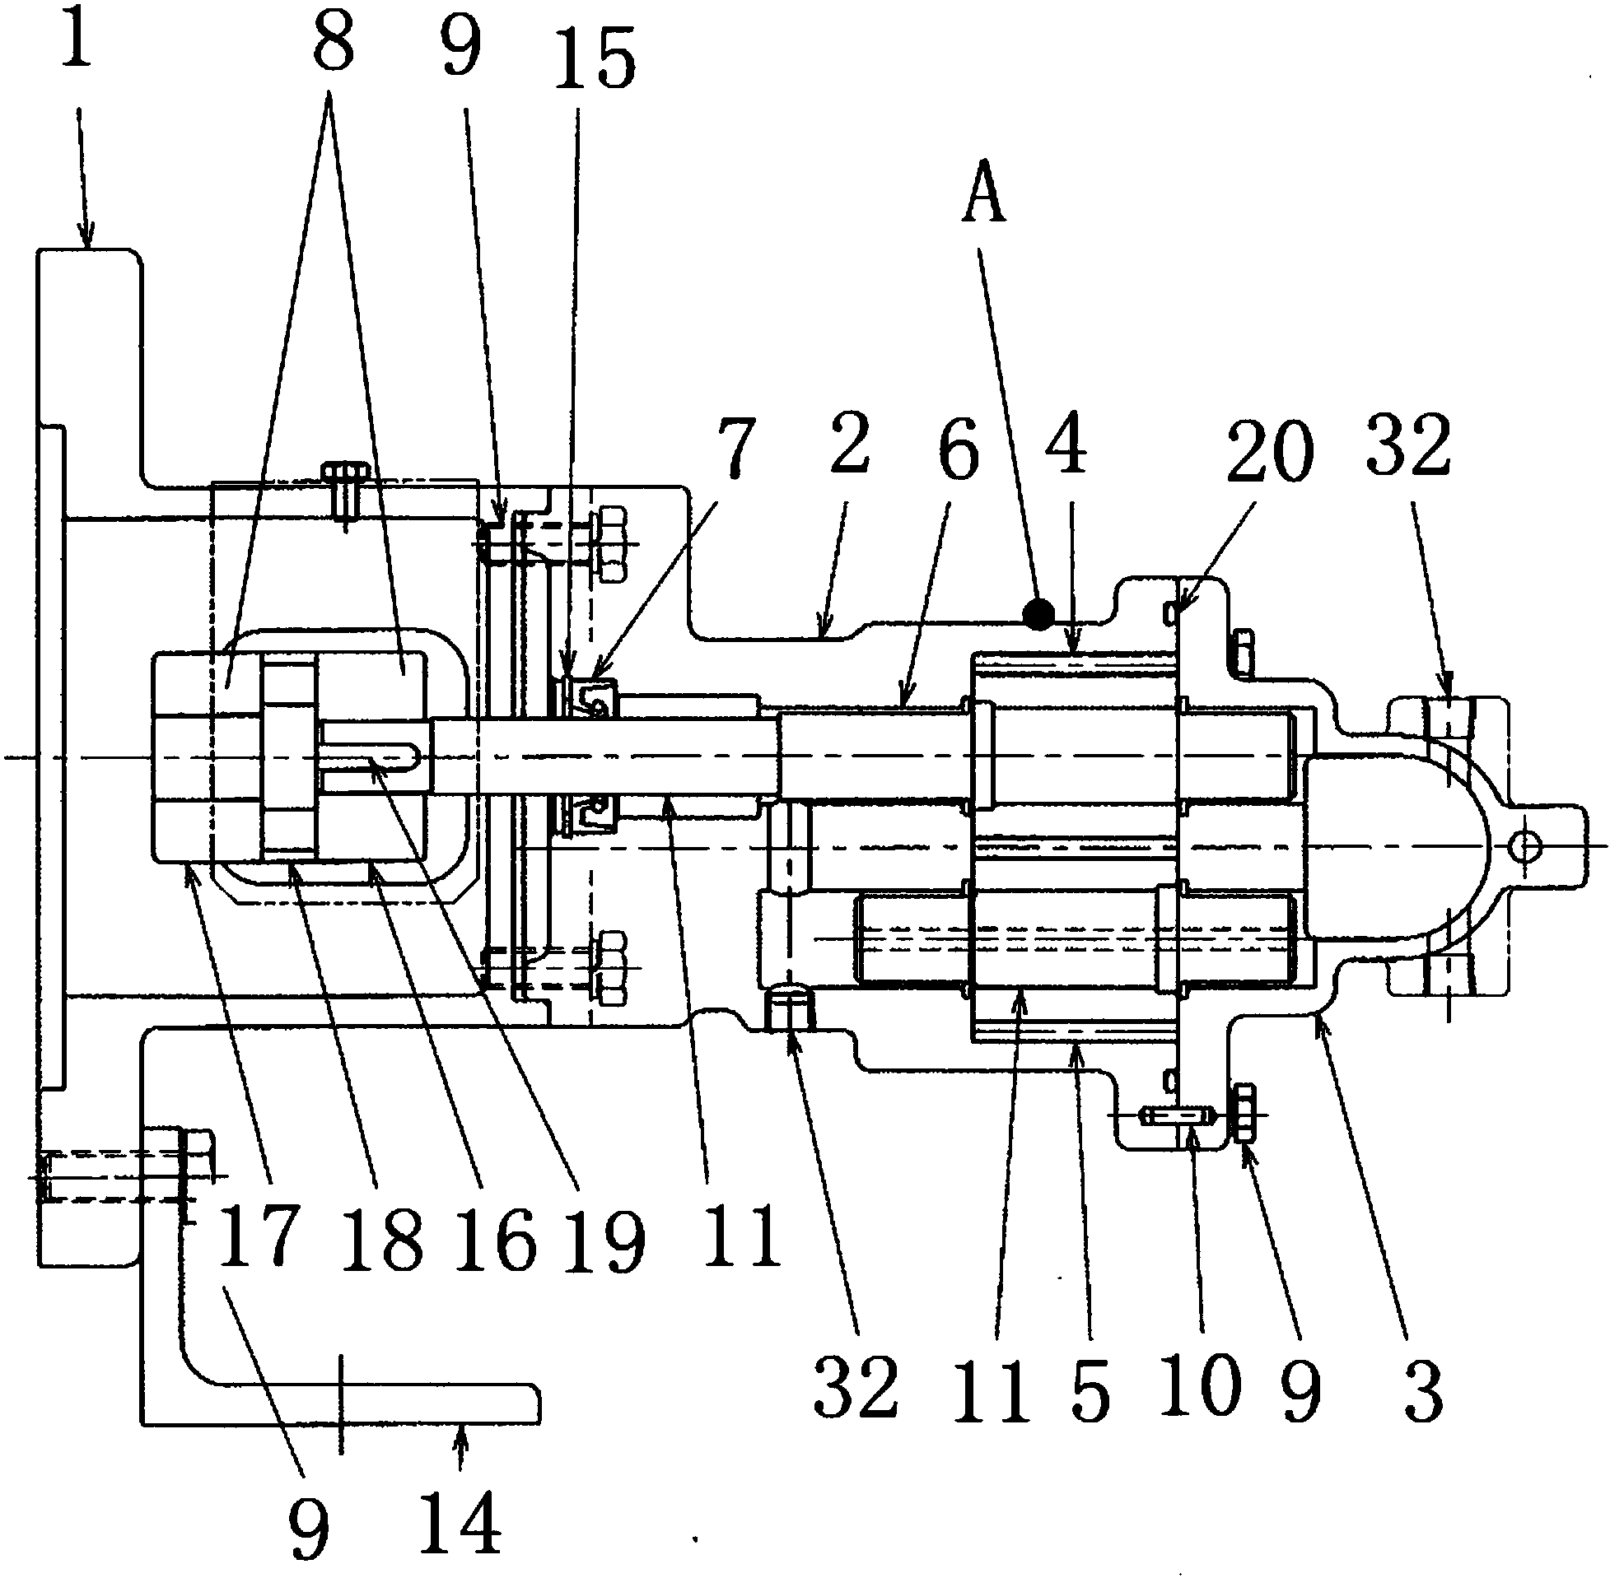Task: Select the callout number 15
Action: tap(595, 58)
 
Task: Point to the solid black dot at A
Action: tap(1038, 614)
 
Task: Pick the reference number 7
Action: tap(734, 448)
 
